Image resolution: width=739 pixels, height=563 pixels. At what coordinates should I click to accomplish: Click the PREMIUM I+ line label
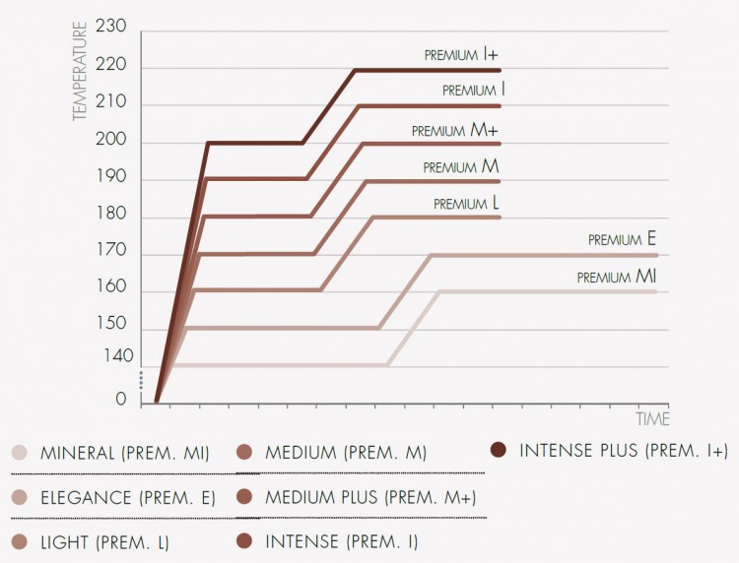462,55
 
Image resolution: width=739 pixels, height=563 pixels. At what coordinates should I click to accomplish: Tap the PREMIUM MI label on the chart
617,278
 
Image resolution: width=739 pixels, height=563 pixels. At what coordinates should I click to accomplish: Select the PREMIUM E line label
622,239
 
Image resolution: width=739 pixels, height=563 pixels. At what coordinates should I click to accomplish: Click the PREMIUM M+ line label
455,130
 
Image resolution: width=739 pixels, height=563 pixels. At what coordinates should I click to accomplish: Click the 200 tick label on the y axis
112,142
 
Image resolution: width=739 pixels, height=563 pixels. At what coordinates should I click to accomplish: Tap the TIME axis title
652,419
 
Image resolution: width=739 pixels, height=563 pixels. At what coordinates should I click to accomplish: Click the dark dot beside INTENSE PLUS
499,451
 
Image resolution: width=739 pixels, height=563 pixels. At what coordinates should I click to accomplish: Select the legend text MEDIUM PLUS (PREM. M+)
370,497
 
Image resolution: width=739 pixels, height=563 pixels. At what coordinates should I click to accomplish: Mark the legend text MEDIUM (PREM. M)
345,453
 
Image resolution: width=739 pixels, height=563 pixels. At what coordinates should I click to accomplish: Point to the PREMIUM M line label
461,167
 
